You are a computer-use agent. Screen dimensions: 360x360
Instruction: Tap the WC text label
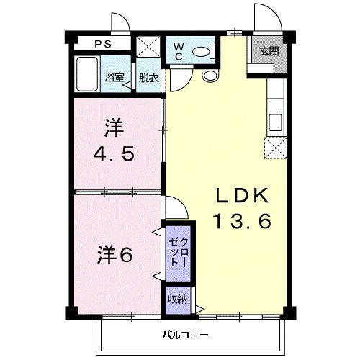179,52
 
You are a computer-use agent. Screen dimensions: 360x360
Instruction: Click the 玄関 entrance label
269,51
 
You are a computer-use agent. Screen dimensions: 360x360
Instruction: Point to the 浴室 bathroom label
113,78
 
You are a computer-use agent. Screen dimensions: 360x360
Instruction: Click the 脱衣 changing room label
149,78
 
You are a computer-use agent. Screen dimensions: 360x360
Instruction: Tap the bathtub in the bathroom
88,75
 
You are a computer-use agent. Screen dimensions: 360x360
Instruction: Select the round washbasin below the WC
210,75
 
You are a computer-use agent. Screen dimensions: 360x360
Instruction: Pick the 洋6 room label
115,254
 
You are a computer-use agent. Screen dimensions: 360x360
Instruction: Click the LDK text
241,196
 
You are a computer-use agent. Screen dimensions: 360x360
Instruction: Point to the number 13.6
241,222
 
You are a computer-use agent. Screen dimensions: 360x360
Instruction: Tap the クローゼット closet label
178,253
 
